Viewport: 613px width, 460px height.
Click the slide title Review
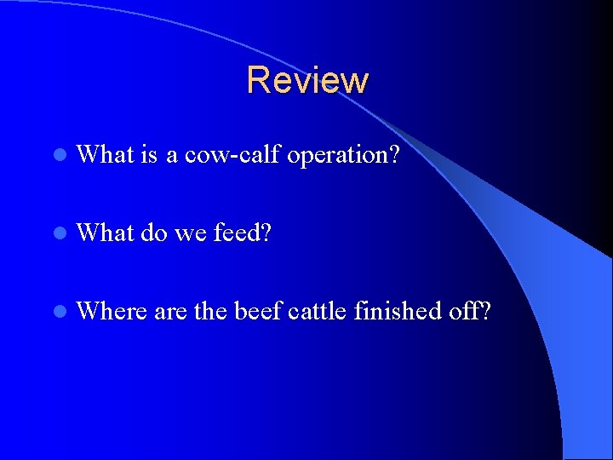[x=307, y=80]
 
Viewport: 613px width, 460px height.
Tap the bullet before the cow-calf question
[x=58, y=156]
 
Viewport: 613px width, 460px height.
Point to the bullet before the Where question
[x=58, y=313]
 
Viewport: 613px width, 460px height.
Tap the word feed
[x=242, y=233]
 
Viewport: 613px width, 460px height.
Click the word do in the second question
[x=154, y=233]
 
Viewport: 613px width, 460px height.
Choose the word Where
[x=112, y=312]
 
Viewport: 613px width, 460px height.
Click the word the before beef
[x=210, y=312]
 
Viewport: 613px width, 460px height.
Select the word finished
[x=398, y=312]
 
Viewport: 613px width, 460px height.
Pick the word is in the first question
[x=149, y=155]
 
